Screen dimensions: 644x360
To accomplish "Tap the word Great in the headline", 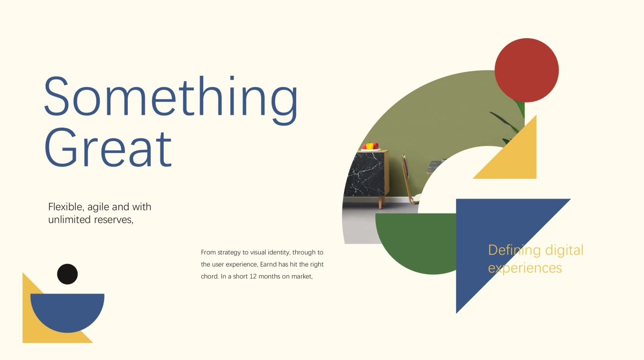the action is [108, 147].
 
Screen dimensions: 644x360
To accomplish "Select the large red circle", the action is [526, 70].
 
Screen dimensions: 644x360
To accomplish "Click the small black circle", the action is [67, 274].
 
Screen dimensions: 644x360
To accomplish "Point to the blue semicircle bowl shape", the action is [67, 310].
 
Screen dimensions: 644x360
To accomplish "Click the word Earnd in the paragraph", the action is [268, 265].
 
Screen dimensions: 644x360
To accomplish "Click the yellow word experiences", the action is [525, 268].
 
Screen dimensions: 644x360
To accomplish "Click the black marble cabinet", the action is [366, 173].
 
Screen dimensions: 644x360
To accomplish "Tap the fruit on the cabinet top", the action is [370, 145].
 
